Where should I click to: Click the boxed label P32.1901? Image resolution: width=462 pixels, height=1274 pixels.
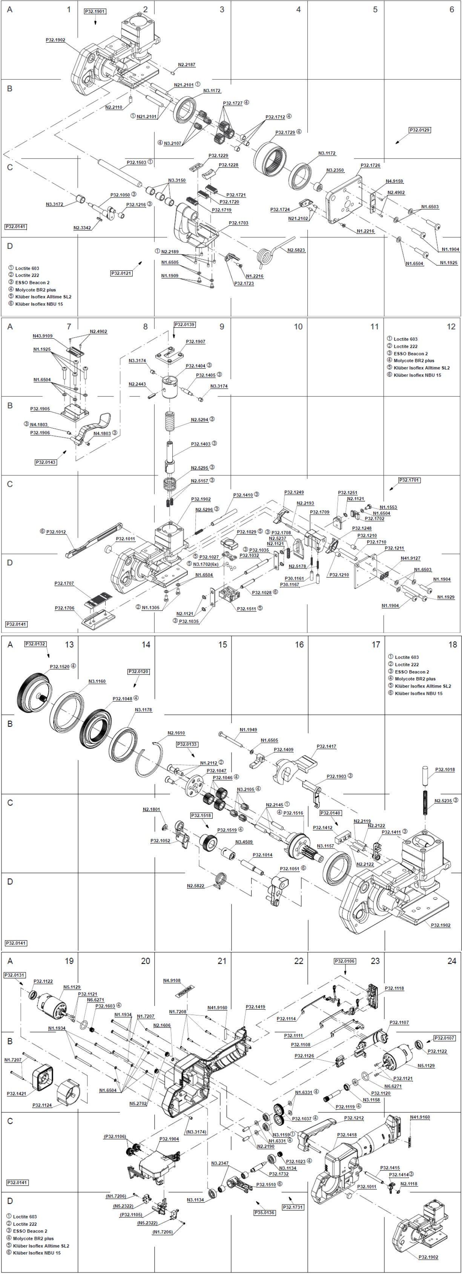[x=95, y=11]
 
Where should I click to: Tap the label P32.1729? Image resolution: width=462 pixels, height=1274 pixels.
[x=285, y=132]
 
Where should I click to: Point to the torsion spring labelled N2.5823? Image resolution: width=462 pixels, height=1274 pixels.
[x=267, y=254]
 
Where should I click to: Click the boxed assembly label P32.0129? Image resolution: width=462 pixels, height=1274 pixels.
[x=419, y=130]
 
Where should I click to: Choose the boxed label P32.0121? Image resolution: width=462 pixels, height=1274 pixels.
[x=121, y=273]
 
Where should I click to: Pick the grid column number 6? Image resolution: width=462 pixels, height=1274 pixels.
[x=451, y=9]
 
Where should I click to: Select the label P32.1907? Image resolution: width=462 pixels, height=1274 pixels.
[x=196, y=342]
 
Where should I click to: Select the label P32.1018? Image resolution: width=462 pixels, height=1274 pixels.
[x=445, y=770]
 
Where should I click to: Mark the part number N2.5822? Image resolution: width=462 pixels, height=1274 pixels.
[x=196, y=886]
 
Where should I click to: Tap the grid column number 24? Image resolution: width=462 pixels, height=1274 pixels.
[x=451, y=961]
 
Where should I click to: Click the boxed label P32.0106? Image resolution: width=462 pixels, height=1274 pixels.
[x=345, y=961]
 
